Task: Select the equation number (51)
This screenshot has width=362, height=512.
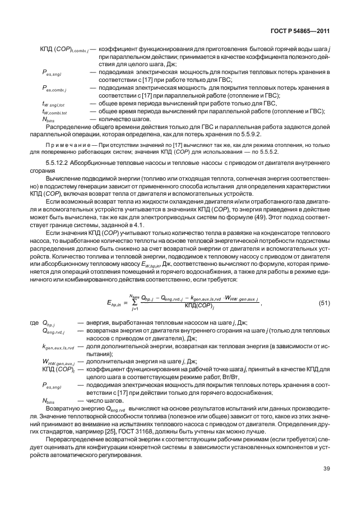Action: (324, 303)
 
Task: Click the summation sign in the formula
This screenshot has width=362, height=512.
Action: (135, 303)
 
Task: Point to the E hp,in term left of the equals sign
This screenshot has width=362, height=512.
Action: (113, 304)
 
